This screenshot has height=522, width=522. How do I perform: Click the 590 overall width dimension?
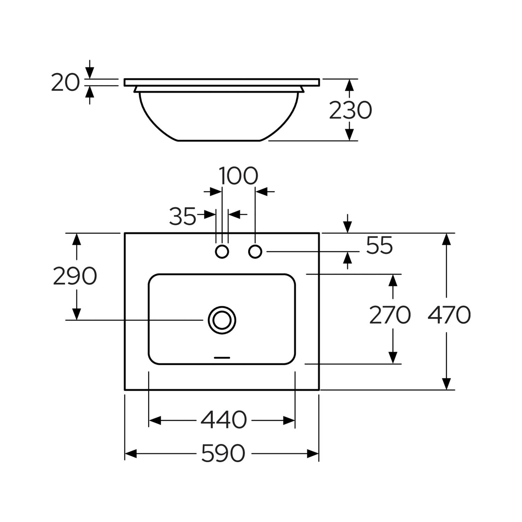click(x=223, y=453)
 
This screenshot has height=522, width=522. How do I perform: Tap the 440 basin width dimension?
click(x=223, y=420)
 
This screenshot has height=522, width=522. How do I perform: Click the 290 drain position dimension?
click(x=75, y=276)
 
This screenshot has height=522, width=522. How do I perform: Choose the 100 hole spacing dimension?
click(x=239, y=176)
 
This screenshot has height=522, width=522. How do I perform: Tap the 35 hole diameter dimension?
click(x=183, y=216)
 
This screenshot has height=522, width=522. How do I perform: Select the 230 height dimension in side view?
click(x=350, y=110)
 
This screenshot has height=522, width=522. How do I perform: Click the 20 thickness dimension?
click(x=65, y=83)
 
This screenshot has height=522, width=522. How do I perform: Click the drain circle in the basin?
click(x=222, y=320)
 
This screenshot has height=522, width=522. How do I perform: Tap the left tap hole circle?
click(x=222, y=251)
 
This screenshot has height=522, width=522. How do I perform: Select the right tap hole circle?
click(x=255, y=251)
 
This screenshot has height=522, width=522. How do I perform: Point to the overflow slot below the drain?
click(x=222, y=357)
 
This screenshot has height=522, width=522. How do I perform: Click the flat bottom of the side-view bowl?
click(x=219, y=141)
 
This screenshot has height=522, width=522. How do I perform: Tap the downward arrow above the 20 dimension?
click(x=90, y=73)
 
